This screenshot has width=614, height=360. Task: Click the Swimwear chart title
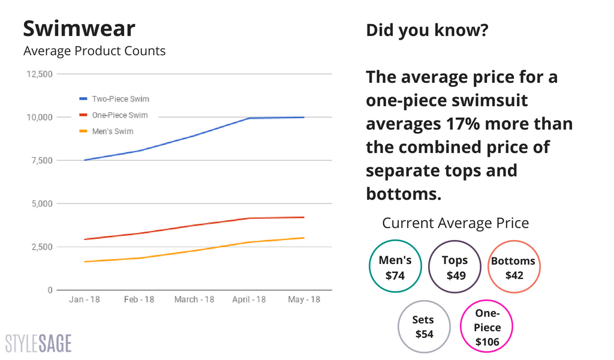[79, 29]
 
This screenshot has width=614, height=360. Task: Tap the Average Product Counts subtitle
[94, 51]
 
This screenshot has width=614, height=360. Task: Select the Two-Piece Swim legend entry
[115, 99]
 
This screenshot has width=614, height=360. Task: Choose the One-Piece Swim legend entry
[113, 115]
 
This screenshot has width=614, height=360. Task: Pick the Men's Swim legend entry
[106, 131]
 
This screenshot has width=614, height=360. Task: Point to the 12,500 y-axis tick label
[40, 74]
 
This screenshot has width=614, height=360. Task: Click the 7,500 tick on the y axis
[42, 161]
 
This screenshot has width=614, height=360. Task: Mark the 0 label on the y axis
[50, 290]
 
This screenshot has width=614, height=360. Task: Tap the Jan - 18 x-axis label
[85, 299]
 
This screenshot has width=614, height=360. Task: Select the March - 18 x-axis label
[194, 299]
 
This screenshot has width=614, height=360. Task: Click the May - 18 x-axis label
[304, 299]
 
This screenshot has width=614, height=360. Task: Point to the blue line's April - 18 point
[249, 118]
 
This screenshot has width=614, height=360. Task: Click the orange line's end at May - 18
[304, 238]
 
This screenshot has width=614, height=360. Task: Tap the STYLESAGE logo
[38, 344]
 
